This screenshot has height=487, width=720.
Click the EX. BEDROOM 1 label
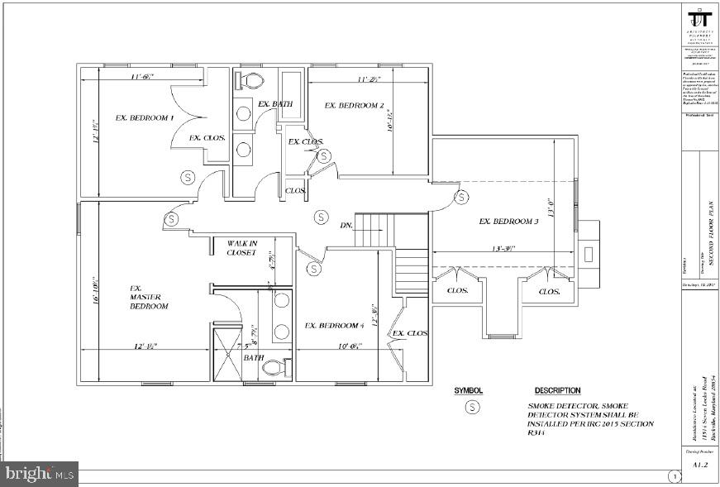pos(144,117)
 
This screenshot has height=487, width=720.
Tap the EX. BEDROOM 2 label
pos(354,106)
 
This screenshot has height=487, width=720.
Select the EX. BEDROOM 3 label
pos(508,222)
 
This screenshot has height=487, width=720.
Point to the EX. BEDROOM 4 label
pos(334,326)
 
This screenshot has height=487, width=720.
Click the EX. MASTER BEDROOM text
pos(149,298)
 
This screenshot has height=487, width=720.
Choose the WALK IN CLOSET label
pos(243,248)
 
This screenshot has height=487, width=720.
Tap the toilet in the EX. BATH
pos(249,81)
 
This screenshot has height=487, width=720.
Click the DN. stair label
pos(347,225)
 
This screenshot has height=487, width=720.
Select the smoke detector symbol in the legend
pos(472,407)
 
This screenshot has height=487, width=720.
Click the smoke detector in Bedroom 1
pos(187,177)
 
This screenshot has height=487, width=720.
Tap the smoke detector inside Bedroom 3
pos(461,197)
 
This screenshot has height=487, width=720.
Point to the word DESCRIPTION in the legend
pos(557,391)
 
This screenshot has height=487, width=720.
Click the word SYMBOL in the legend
pos(468,391)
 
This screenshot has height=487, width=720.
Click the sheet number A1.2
pos(699,466)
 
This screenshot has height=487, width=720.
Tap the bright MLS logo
pos(39,475)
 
